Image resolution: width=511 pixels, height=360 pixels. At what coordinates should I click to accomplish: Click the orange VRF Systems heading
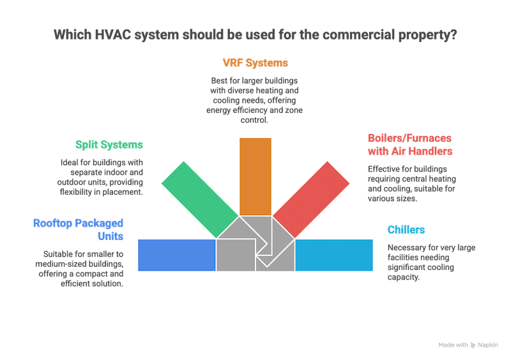255,63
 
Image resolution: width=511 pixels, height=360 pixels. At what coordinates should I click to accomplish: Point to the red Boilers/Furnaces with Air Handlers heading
410,144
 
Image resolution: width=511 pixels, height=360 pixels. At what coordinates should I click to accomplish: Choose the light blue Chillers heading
406,229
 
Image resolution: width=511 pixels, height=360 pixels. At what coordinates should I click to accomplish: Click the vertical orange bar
255,175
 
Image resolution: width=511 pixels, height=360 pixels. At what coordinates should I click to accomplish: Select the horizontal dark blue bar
176,254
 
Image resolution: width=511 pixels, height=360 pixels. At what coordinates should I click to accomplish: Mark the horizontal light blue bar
333,254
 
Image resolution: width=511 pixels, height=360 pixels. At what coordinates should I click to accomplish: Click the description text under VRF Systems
255,100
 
